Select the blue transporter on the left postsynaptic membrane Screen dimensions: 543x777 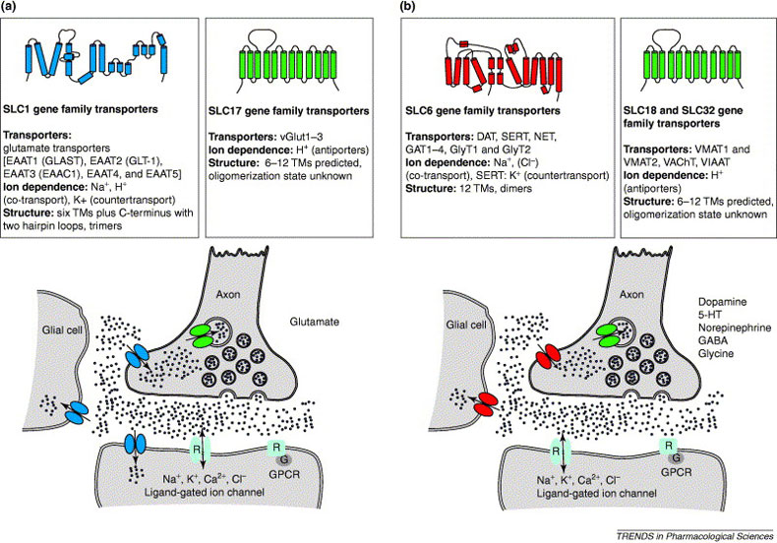tap(136, 447)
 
